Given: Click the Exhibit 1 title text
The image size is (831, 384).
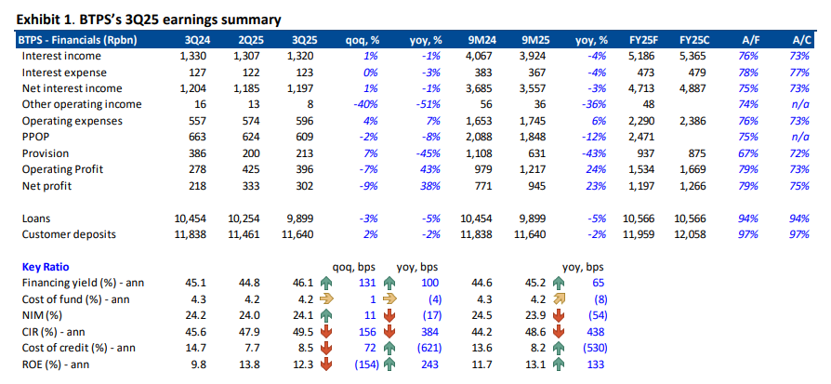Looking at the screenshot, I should pyautogui.click(x=150, y=19).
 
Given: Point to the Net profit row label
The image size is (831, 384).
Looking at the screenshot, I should pyautogui.click(x=51, y=186).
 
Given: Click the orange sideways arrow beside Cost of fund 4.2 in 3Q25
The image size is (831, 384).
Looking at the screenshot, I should pyautogui.click(x=326, y=298).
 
